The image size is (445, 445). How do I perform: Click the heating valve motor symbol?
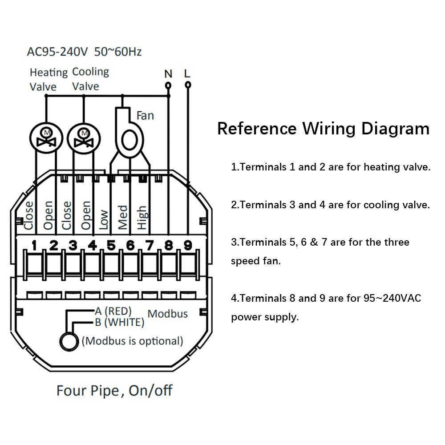(46, 138)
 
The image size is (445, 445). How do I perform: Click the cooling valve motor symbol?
(84, 138)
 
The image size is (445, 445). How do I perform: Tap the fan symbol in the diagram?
(129, 133)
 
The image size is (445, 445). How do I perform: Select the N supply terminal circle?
(168, 85)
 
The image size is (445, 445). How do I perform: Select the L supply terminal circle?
(188, 85)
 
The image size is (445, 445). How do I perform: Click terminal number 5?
(111, 245)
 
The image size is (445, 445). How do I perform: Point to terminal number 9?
(188, 245)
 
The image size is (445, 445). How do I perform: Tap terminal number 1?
(34, 245)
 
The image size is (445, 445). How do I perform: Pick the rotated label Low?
(104, 220)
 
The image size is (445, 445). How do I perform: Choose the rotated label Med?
(123, 218)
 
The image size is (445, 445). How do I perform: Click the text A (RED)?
(113, 311)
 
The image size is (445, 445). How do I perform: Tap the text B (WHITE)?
(119, 322)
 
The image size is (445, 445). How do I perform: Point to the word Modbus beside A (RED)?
(167, 314)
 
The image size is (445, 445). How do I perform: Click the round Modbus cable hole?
(69, 341)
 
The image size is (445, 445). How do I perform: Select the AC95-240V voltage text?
(57, 52)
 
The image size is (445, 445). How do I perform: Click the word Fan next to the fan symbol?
(145, 116)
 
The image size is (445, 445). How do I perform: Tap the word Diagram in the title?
(395, 129)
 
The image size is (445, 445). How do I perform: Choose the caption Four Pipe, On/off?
(114, 391)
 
